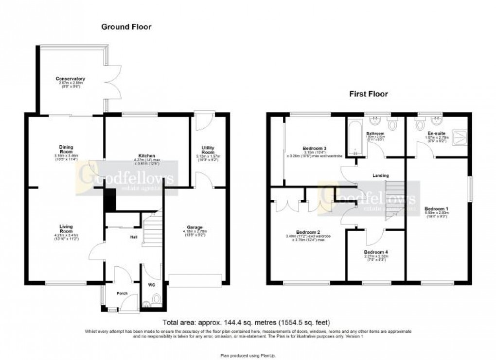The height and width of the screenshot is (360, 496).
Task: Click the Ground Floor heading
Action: (x=126, y=27)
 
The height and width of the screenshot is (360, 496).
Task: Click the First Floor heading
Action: (x=368, y=94)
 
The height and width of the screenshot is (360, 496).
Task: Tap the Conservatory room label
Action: (x=71, y=79)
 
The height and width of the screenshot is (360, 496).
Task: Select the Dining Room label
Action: (x=66, y=148)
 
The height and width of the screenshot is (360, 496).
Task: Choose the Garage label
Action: (x=195, y=227)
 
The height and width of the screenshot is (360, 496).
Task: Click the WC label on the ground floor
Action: (x=150, y=285)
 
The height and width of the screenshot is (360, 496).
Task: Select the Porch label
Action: (x=122, y=293)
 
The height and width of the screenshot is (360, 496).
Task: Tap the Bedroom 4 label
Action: (x=375, y=253)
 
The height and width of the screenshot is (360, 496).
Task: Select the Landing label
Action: (x=381, y=175)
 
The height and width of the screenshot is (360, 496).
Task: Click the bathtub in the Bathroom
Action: (x=354, y=138)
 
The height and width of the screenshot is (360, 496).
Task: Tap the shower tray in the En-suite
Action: (x=457, y=137)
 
